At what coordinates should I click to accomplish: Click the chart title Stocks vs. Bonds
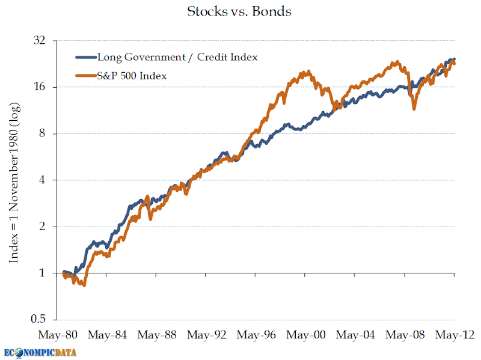[x=239, y=11]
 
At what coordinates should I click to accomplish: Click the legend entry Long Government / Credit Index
[x=177, y=57]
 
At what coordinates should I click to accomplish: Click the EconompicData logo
[x=40, y=352]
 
